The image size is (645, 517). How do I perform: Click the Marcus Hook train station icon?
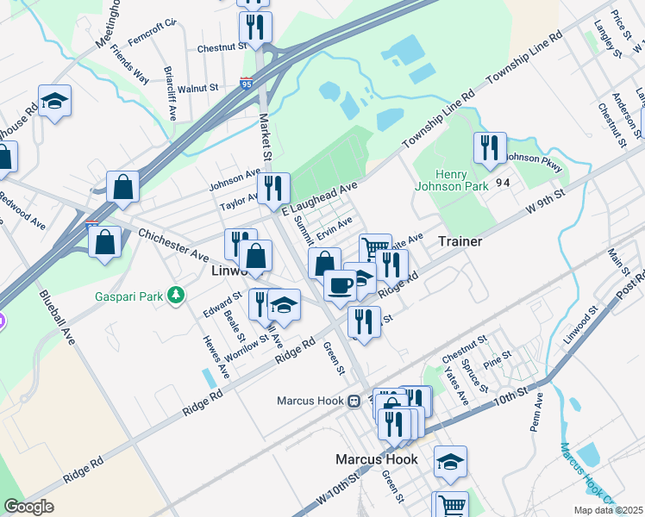tap(354, 401)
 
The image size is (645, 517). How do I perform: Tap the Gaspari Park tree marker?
tap(177, 296)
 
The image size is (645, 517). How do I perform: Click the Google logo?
tap(28, 506)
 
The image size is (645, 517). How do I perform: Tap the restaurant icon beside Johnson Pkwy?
tap(490, 148)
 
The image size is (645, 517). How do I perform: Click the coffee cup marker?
tap(341, 284)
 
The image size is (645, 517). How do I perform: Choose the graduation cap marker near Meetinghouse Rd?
tap(54, 101)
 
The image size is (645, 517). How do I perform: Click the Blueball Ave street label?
tap(58, 316)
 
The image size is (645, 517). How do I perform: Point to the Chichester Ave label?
tap(173, 246)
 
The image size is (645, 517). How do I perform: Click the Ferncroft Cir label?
tap(151, 41)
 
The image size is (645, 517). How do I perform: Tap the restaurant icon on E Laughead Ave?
tap(273, 188)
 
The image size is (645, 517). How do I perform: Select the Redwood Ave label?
tap(26, 216)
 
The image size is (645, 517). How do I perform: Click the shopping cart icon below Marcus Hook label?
tap(452, 506)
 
